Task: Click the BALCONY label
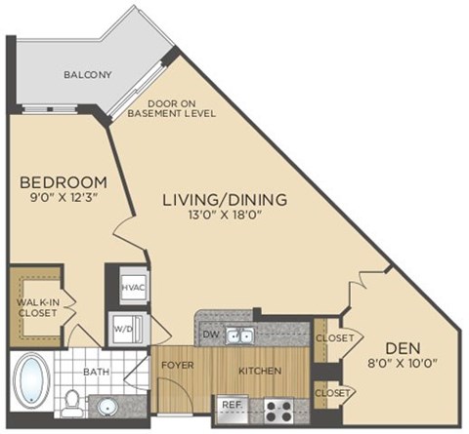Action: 88,74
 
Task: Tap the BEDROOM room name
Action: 63,182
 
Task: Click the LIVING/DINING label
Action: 225,199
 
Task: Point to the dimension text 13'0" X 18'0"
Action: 225,217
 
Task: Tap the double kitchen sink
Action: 237,336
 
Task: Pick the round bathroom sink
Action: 106,403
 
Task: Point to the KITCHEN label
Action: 261,371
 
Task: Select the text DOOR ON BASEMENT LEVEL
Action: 183,107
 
